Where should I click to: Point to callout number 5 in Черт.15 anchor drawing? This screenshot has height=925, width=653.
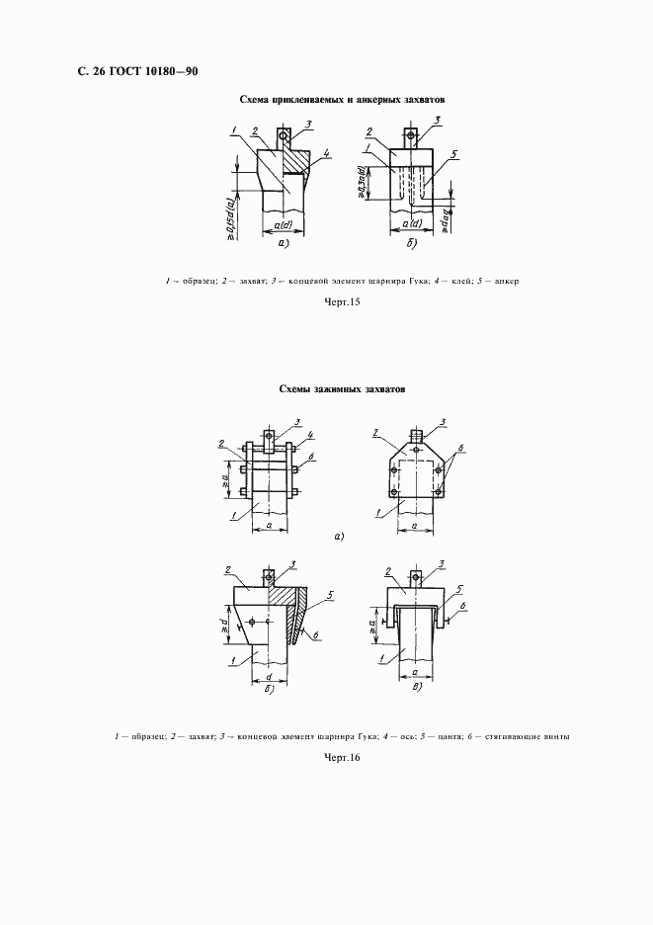[453, 154]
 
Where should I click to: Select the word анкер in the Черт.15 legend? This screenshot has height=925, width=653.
[507, 281]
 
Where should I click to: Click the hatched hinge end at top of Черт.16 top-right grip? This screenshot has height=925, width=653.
[418, 433]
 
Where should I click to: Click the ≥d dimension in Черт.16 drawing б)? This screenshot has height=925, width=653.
[224, 625]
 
